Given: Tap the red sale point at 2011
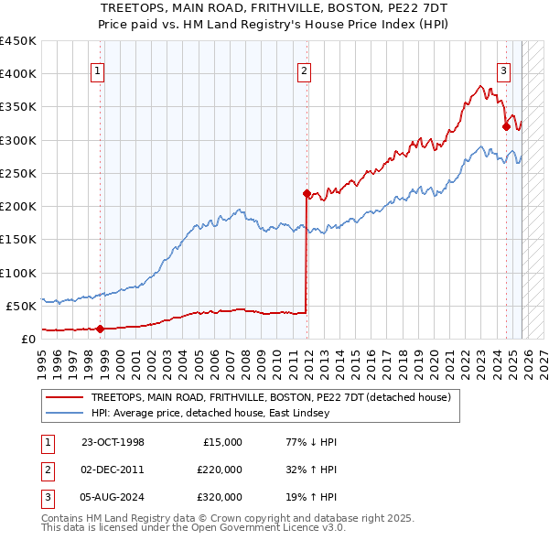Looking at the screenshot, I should click(x=307, y=193).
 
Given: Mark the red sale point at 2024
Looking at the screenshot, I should click(x=506, y=127).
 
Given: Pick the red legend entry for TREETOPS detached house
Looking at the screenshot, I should click(x=271, y=398).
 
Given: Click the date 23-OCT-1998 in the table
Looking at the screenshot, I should click(x=113, y=442).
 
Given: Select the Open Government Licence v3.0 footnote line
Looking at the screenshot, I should click(x=193, y=528).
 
